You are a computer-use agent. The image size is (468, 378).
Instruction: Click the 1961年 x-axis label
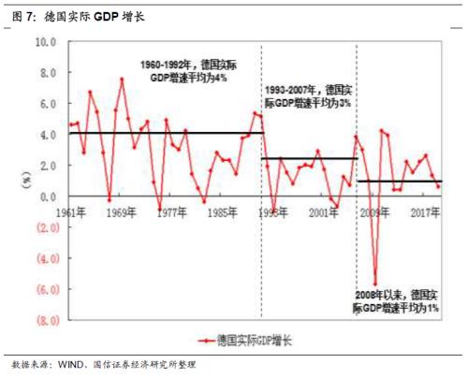[x=71, y=211]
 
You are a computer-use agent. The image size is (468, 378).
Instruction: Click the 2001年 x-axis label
[x=324, y=212]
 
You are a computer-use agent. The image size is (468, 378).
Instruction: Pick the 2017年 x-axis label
[x=427, y=211]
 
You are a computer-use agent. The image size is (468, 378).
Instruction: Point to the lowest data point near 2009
[x=375, y=283]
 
